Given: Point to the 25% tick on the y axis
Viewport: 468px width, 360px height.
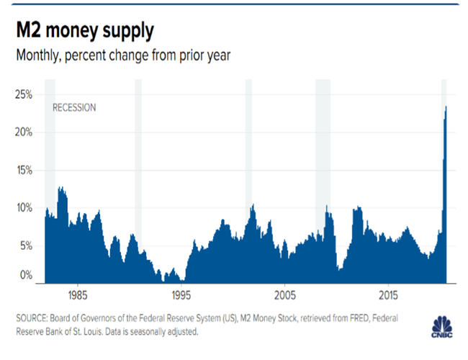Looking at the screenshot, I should click(24, 94).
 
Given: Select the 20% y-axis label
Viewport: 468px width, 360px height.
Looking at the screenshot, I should click(24, 132).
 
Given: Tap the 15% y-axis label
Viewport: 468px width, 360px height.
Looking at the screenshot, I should click(24, 171).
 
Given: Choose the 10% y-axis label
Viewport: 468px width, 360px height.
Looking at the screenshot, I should click(24, 208).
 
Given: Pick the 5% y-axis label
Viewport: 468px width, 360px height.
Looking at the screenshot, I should click(27, 246).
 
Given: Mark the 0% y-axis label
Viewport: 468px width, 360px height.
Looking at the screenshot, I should click(27, 275).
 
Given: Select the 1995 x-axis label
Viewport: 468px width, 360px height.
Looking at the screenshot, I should click(181, 296).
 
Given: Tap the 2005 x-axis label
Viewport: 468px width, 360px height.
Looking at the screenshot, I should click(285, 296).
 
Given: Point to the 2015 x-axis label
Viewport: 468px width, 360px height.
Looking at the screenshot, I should click(389, 296).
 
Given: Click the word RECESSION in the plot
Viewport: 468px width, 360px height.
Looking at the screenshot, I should click(74, 108).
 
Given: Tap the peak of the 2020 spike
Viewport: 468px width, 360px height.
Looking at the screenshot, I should click(446, 107).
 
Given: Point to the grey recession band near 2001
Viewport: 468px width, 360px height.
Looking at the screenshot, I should click(248, 144).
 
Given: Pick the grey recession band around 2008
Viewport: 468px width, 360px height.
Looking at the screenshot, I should click(323, 144).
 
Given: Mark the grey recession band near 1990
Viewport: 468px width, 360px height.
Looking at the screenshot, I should click(138, 144).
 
